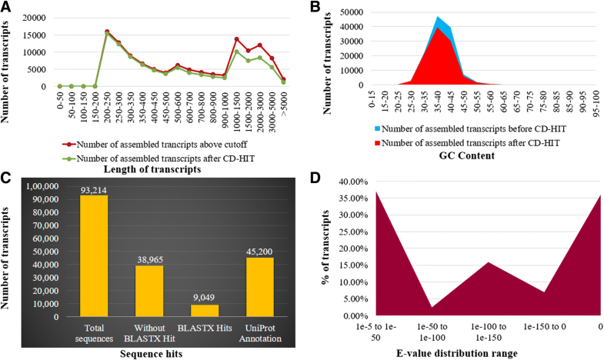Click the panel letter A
[6, 7]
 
